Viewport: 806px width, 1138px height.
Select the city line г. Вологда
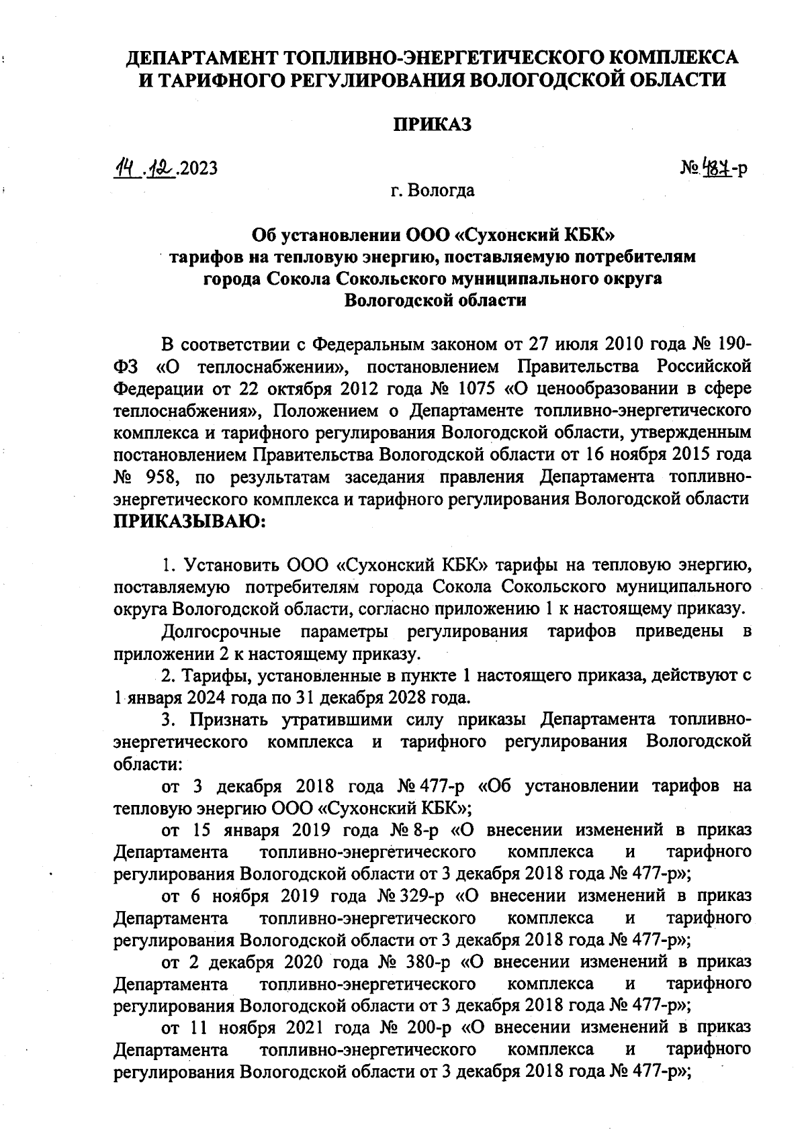433,190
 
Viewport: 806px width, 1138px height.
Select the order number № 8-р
414,830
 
